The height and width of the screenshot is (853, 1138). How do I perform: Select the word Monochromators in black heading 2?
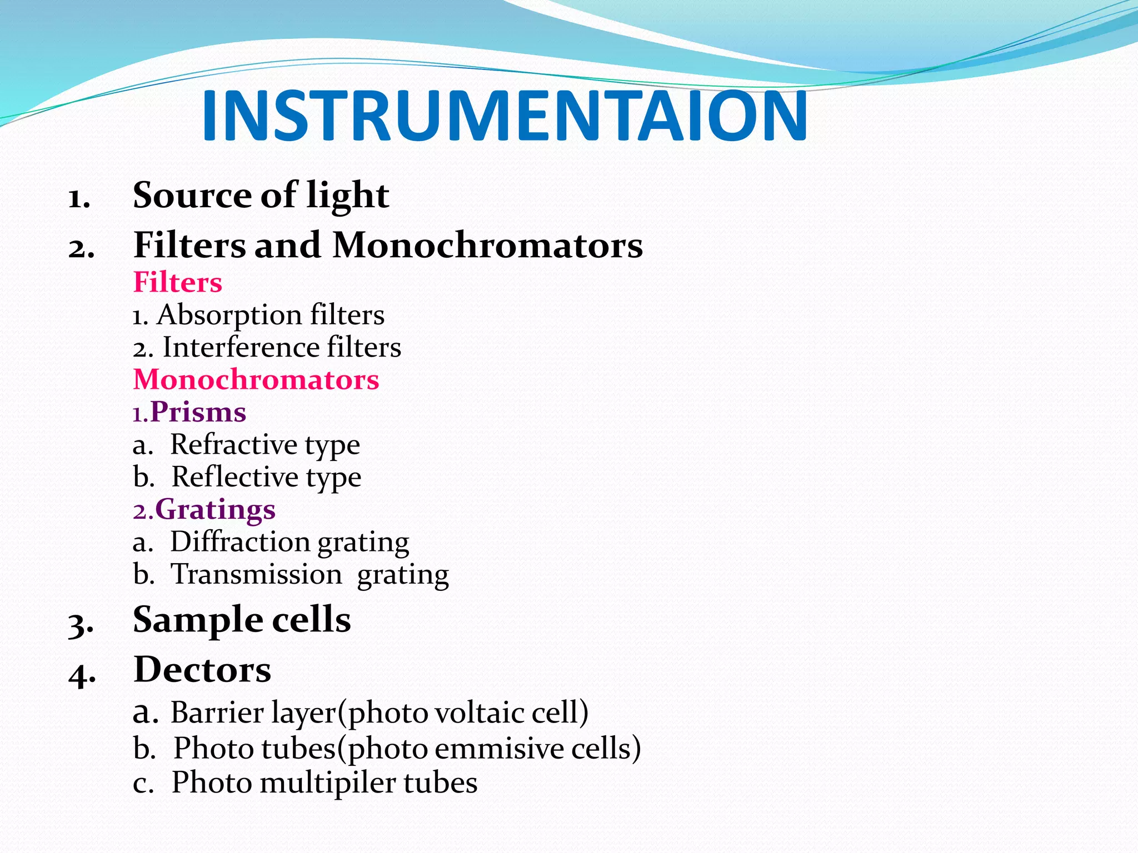(487, 245)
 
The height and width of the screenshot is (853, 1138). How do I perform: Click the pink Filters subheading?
(178, 282)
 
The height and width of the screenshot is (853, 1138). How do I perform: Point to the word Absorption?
(231, 315)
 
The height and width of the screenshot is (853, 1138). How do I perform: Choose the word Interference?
(241, 348)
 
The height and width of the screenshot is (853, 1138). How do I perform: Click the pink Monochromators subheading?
(256, 380)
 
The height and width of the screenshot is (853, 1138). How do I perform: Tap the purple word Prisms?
(198, 412)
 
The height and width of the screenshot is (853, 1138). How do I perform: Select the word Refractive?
(234, 444)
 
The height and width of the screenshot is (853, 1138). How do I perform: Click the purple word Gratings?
(215, 509)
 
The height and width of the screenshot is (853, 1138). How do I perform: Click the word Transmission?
(256, 574)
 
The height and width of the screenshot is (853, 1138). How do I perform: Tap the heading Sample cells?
(242, 619)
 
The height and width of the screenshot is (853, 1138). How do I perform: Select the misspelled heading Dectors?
(202, 669)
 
